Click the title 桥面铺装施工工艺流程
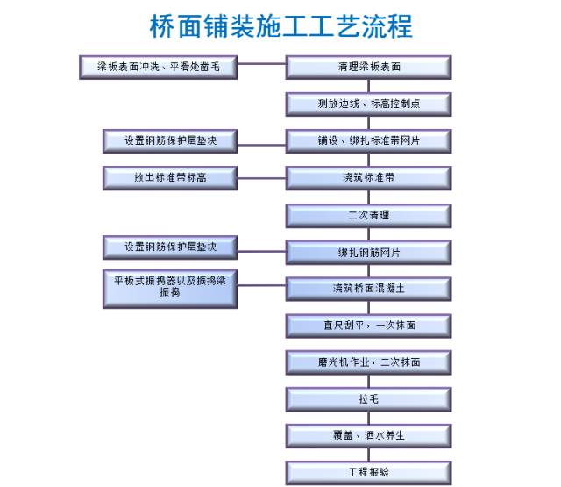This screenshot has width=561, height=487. pyautogui.click(x=280, y=25)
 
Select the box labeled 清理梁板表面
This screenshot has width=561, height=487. pyautogui.click(x=369, y=66)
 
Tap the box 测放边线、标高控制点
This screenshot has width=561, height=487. pyautogui.click(x=369, y=104)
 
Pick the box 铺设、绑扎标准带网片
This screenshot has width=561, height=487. pyautogui.click(x=369, y=140)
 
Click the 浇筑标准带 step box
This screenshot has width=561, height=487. pyautogui.click(x=369, y=177)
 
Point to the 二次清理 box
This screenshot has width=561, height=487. pyautogui.click(x=369, y=215)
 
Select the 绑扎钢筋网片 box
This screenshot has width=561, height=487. pyautogui.click(x=369, y=252)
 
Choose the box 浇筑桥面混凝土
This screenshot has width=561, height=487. pyautogui.click(x=369, y=289)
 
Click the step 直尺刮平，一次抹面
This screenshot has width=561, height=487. pyautogui.click(x=369, y=326)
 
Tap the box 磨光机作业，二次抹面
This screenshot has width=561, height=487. pyautogui.click(x=369, y=362)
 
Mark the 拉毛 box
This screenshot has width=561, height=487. pyautogui.click(x=369, y=399)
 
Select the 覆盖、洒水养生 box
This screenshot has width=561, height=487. pyautogui.click(x=369, y=435)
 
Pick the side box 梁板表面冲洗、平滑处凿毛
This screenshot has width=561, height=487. pyautogui.click(x=158, y=66)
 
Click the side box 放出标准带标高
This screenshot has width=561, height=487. pyautogui.click(x=171, y=177)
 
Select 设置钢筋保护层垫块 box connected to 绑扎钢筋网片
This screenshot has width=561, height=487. pyautogui.click(x=171, y=247)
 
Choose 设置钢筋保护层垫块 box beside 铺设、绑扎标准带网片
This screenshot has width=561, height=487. pyautogui.click(x=171, y=140)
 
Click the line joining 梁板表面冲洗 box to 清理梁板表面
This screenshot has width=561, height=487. pyautogui.click(x=262, y=64)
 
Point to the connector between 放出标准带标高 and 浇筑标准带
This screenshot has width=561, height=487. pyautogui.click(x=262, y=176)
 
